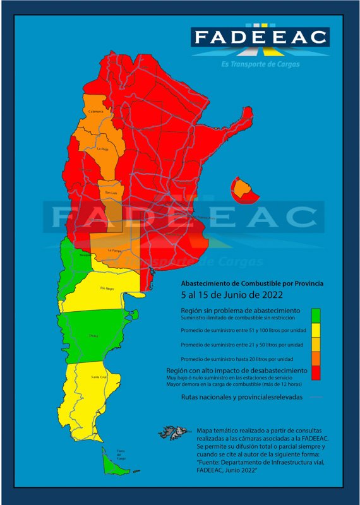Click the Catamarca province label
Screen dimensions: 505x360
(x=96, y=112)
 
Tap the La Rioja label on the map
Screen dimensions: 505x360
(x=103, y=149)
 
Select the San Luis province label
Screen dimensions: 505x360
(x=110, y=192)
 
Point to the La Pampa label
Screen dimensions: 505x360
(x=114, y=251)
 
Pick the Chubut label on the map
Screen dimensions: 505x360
(x=94, y=336)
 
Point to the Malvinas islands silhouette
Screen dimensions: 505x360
(x=175, y=432)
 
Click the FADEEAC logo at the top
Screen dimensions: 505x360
(x=260, y=37)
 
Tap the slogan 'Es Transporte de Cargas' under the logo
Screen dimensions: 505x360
(x=261, y=64)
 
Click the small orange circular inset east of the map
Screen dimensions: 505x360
(x=243, y=187)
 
